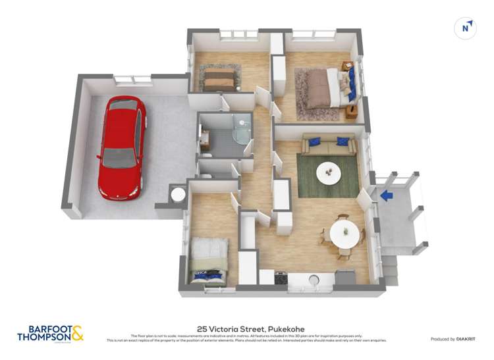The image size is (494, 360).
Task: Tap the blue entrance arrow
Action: point(387,195)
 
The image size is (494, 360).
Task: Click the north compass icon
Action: point(466,28)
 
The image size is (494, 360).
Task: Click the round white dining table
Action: point(344,233)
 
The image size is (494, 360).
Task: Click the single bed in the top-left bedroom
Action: point(219,80)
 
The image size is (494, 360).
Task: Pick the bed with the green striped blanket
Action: point(209,260)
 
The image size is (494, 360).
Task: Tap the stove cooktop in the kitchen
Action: point(281,278)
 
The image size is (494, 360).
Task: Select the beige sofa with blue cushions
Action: point(329,144)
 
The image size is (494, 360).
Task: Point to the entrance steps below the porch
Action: point(389,263)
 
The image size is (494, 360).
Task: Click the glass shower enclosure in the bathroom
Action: point(242,132)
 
